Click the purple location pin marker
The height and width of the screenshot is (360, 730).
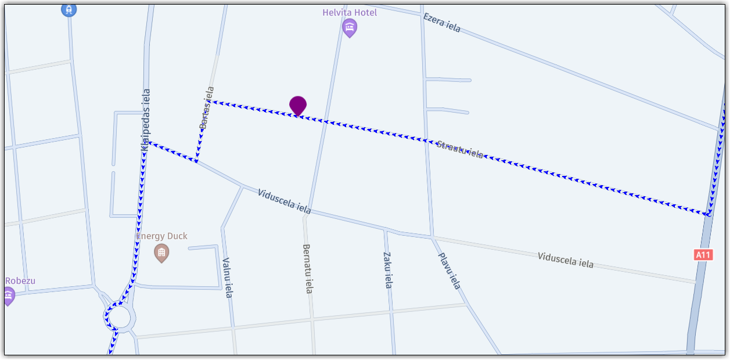tap(298, 106)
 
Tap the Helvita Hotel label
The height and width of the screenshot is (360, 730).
tap(350, 12)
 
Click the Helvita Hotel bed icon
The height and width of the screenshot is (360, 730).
tap(349, 27)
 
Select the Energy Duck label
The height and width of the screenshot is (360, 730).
tap(162, 236)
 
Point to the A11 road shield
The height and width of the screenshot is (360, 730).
tap(703, 254)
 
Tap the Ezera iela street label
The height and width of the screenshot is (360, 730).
tap(442, 23)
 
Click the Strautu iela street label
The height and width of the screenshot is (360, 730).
tap(459, 149)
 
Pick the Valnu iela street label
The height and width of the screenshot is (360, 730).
tap(227, 278)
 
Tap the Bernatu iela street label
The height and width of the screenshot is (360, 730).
tap(308, 268)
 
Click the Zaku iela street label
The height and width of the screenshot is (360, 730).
tap(388, 269)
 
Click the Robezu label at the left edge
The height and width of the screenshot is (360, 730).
tap(20, 281)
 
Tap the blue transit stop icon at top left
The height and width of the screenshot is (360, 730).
tap(69, 9)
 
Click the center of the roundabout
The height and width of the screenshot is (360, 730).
tap(120, 318)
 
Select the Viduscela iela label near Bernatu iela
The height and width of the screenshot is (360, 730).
tap(285, 201)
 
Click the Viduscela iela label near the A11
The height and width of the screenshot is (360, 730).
tap(565, 260)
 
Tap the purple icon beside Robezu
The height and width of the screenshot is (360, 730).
tap(8, 296)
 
